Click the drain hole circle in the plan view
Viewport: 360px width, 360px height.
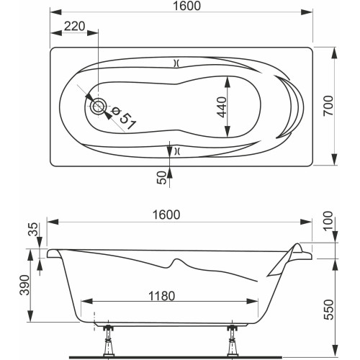[98, 107]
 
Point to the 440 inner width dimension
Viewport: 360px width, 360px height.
[221, 107]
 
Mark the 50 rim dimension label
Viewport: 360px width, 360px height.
[162, 177]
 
